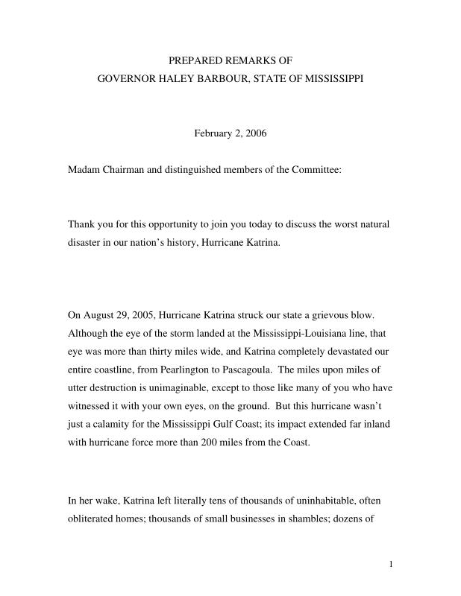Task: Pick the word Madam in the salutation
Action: [83, 170]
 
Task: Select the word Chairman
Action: [125, 170]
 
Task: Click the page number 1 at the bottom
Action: [391, 564]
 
